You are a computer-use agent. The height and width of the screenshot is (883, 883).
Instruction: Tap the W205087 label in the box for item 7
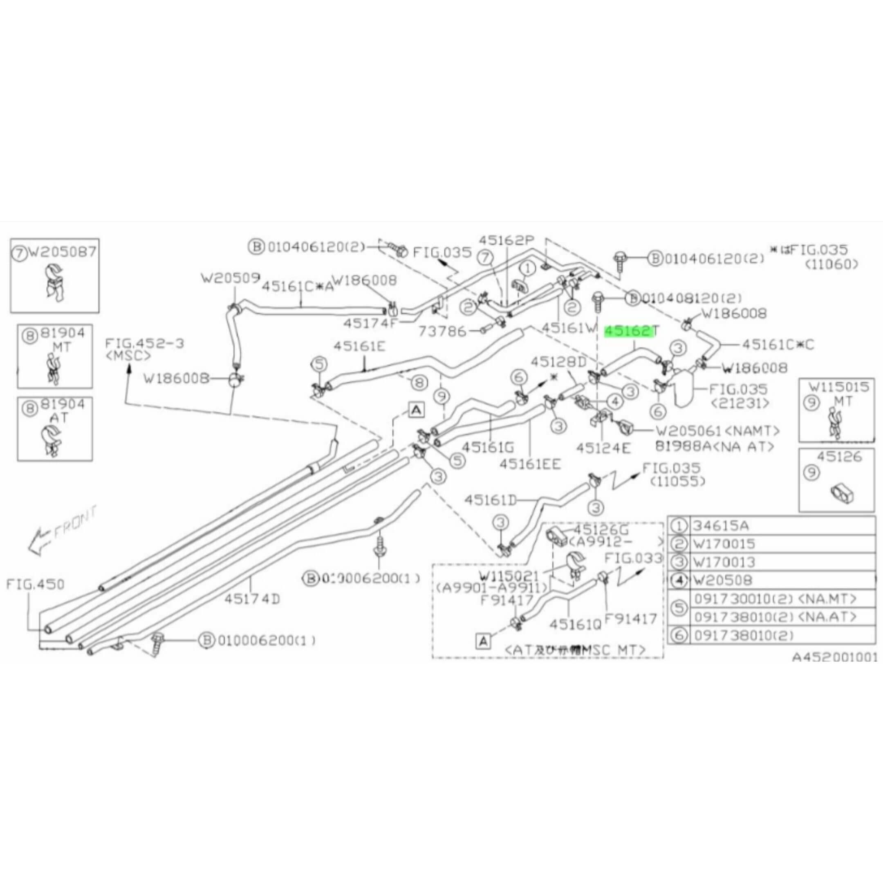[x=62, y=252]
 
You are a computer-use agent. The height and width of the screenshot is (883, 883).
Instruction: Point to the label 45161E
[x=359, y=346]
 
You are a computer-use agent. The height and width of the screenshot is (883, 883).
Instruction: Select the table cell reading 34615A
[x=722, y=526]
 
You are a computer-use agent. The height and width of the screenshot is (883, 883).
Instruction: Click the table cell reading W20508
[x=722, y=580]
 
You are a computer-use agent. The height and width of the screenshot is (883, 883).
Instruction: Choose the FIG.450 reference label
[x=35, y=584]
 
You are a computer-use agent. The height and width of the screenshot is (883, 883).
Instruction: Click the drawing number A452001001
[x=834, y=657]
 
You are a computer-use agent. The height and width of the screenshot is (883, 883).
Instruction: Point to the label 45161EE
[x=530, y=464]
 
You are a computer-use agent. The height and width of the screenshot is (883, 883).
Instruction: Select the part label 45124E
[x=603, y=448]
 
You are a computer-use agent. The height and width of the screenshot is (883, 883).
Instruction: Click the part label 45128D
[x=558, y=363]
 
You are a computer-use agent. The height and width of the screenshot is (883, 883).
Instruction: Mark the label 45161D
[x=491, y=500]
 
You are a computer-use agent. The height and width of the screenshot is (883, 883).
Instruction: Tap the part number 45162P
[x=506, y=240]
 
